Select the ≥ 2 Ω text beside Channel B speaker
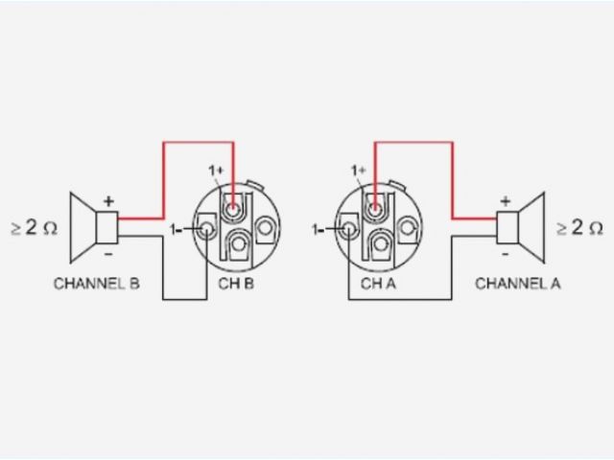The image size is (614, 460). tap(35, 228)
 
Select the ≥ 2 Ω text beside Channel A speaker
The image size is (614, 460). tap(580, 228)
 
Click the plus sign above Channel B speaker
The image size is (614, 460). tap(108, 201)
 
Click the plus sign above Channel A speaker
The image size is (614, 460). tap(505, 201)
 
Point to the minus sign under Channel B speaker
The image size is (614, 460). tap(108, 254)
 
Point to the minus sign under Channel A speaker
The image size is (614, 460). tap(505, 254)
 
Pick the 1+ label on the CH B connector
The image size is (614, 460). tap(216, 171)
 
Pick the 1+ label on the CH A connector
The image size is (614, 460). tap(359, 171)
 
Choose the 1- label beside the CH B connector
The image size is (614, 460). tap(177, 229)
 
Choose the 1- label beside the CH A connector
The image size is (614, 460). tap(320, 229)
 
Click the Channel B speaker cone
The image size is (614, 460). tap(84, 228)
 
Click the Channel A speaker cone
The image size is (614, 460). tap(530, 228)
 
